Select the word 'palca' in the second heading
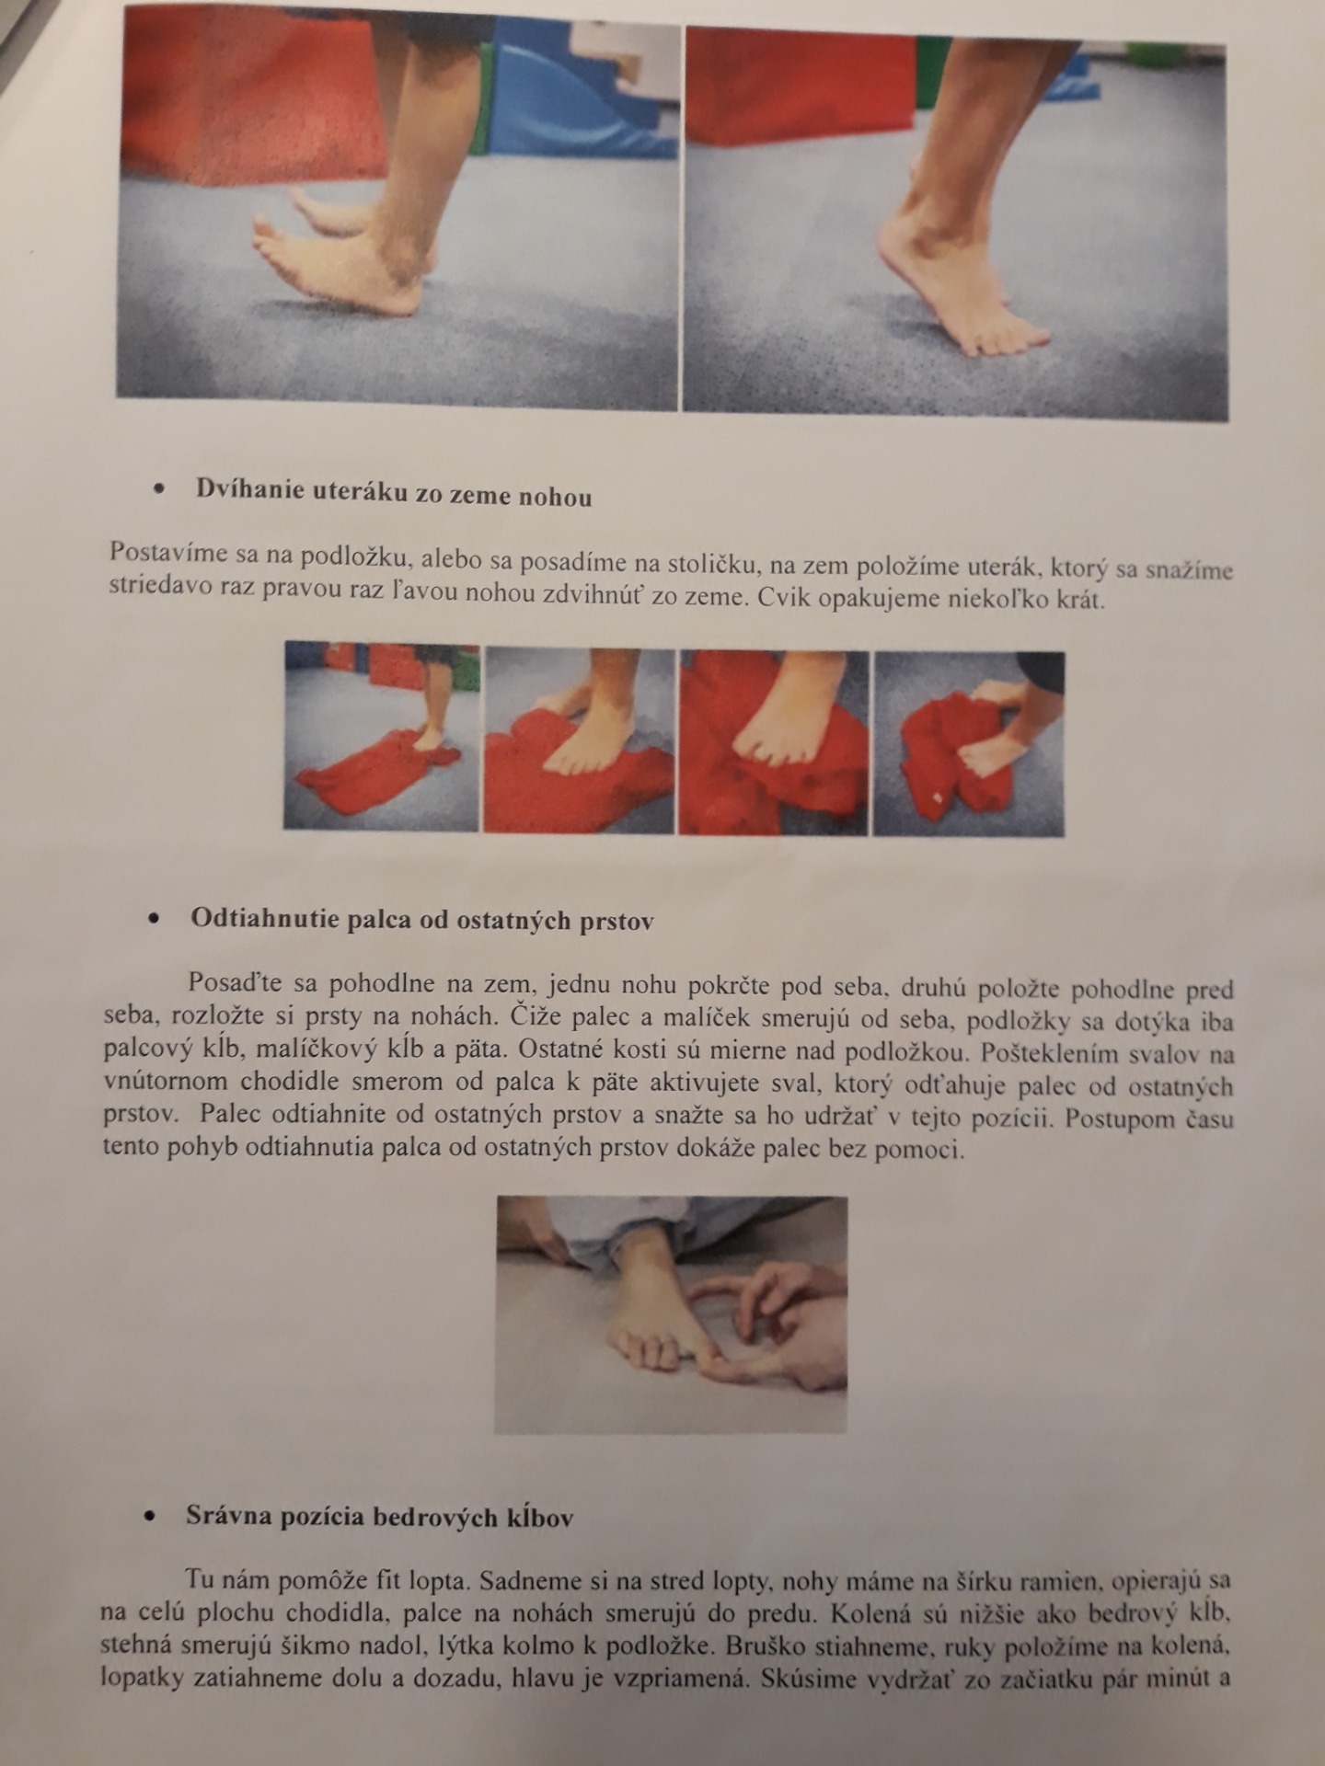click(x=379, y=920)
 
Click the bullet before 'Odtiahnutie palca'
click(x=154, y=918)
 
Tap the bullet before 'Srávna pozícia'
click(x=150, y=1517)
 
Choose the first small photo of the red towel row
click(x=381, y=736)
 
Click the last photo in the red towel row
click(x=968, y=744)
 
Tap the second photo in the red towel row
click(x=579, y=740)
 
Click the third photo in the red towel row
click(x=774, y=742)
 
